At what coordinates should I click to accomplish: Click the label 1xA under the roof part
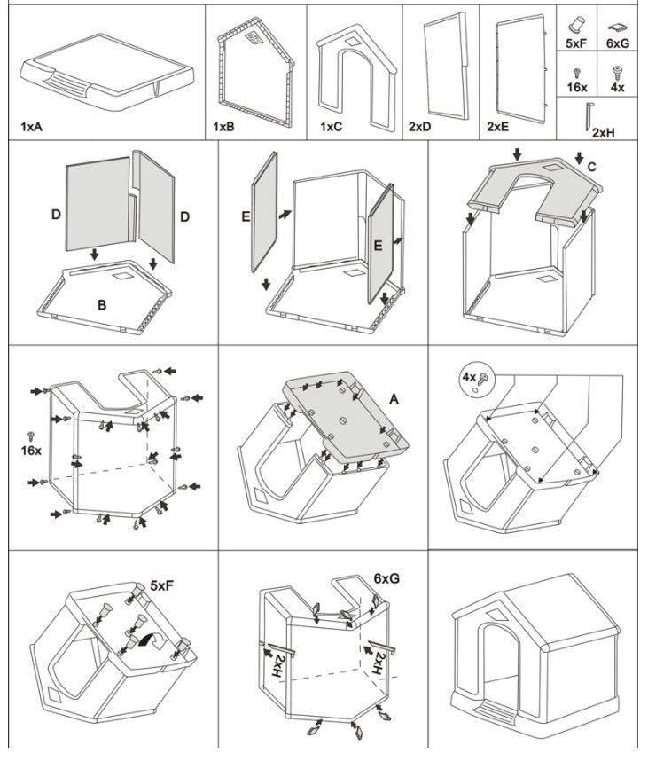32,127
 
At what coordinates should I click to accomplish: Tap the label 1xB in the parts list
223,127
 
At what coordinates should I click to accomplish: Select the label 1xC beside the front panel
332,127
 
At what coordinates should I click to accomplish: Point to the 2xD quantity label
419,127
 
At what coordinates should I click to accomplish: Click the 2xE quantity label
497,127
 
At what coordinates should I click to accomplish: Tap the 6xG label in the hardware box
618,42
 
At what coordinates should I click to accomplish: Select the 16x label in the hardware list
576,88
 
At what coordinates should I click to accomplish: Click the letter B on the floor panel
102,304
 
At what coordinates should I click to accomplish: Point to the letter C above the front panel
591,165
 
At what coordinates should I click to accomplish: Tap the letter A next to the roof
394,400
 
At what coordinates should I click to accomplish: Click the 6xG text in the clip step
386,577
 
